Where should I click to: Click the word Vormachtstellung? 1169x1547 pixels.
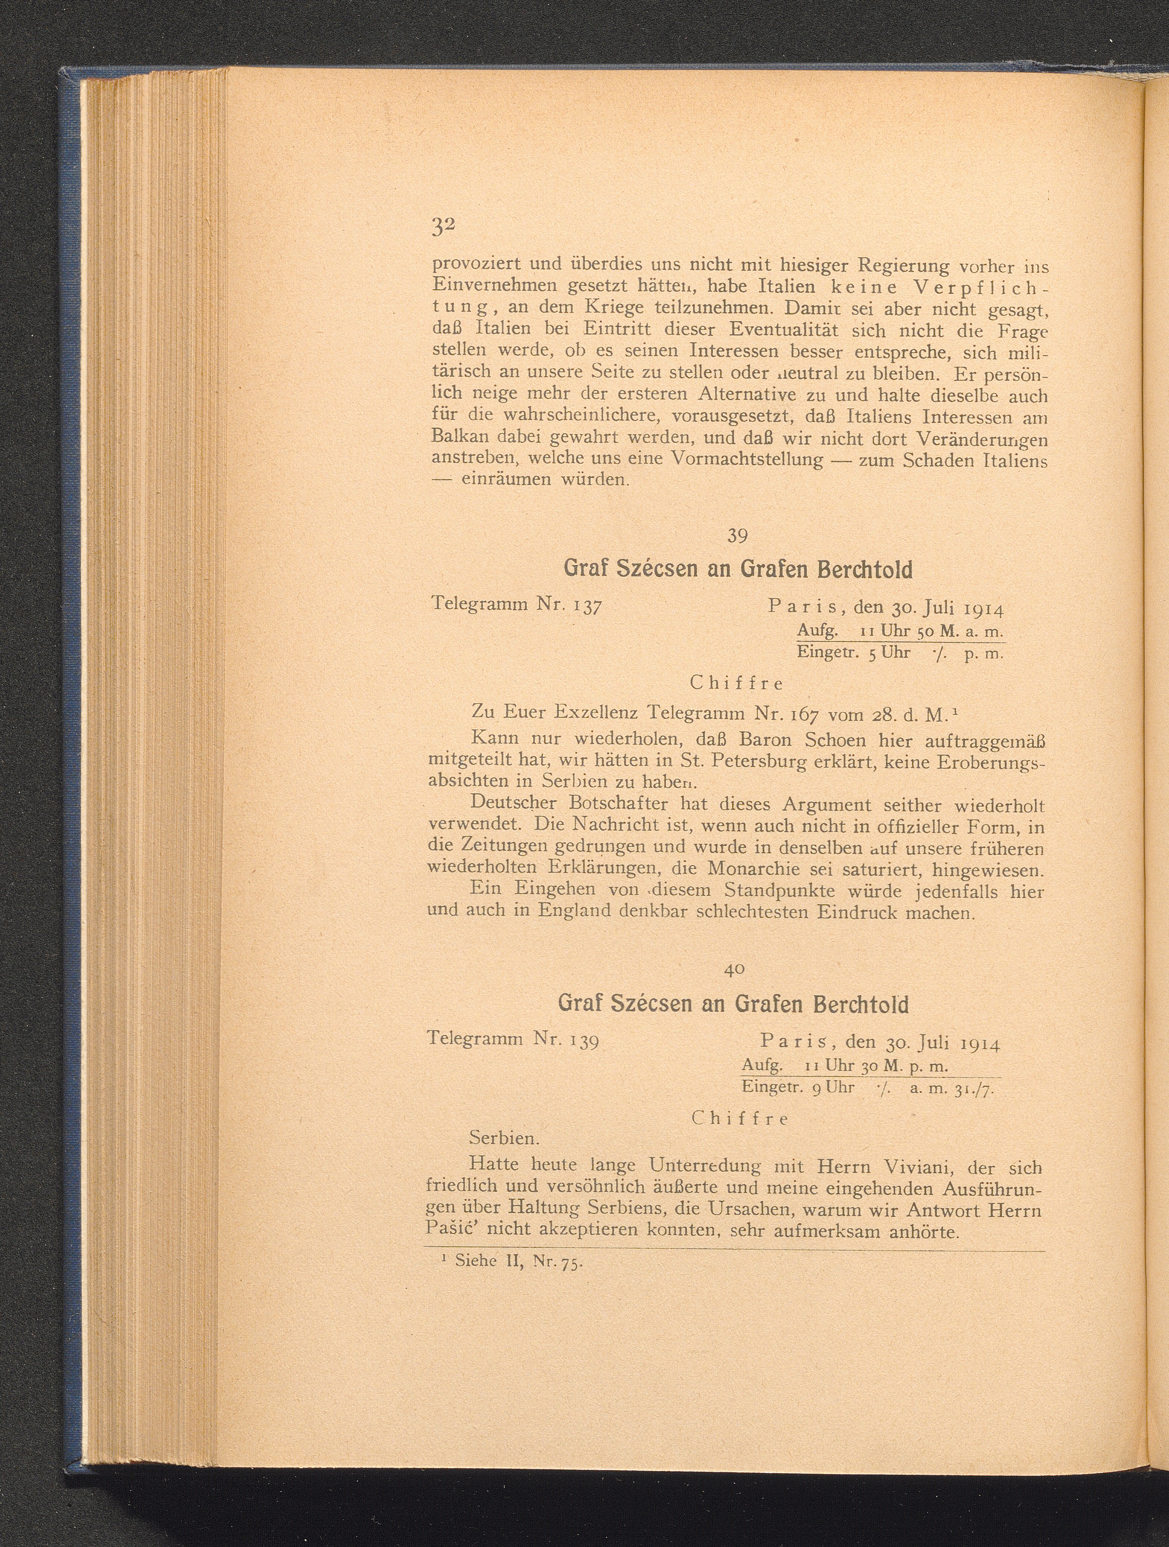[747, 460]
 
